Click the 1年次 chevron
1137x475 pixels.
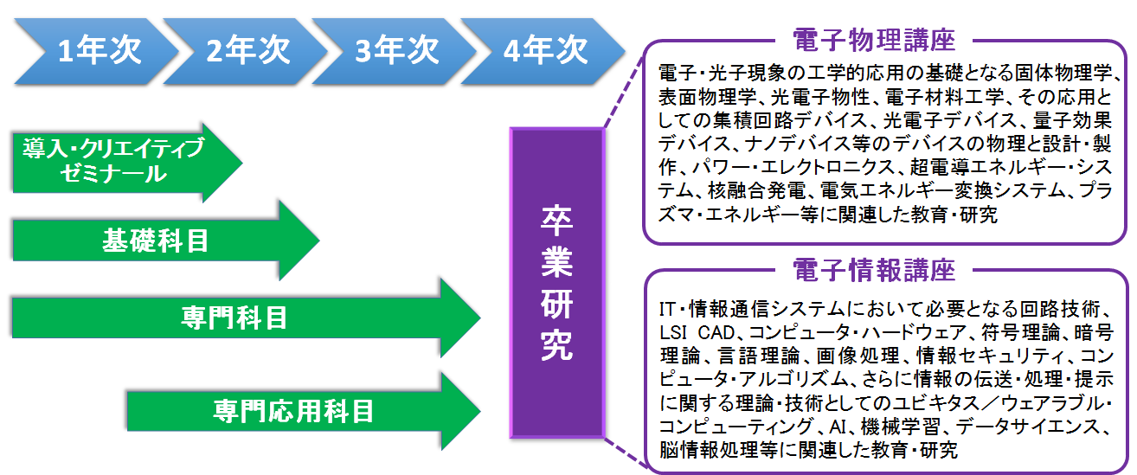click(96, 51)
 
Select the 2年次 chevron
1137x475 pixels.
click(246, 51)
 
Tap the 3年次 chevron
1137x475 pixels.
click(395, 51)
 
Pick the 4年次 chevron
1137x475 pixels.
click(543, 51)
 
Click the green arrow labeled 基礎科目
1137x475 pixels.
click(166, 240)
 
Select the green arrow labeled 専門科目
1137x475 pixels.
click(247, 318)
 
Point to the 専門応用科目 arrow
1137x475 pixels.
click(304, 411)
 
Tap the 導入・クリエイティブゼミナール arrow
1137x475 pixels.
click(127, 163)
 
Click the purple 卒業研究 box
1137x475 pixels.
click(557, 283)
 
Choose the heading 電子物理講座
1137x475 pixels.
click(874, 40)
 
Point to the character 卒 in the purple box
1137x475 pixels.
click(557, 221)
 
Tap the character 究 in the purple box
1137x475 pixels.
click(557, 345)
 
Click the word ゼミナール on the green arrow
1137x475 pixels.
click(113, 174)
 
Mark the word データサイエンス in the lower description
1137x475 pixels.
click(1031, 427)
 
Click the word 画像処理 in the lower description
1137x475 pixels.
click(858, 356)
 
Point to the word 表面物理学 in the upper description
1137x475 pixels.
click(707, 97)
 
